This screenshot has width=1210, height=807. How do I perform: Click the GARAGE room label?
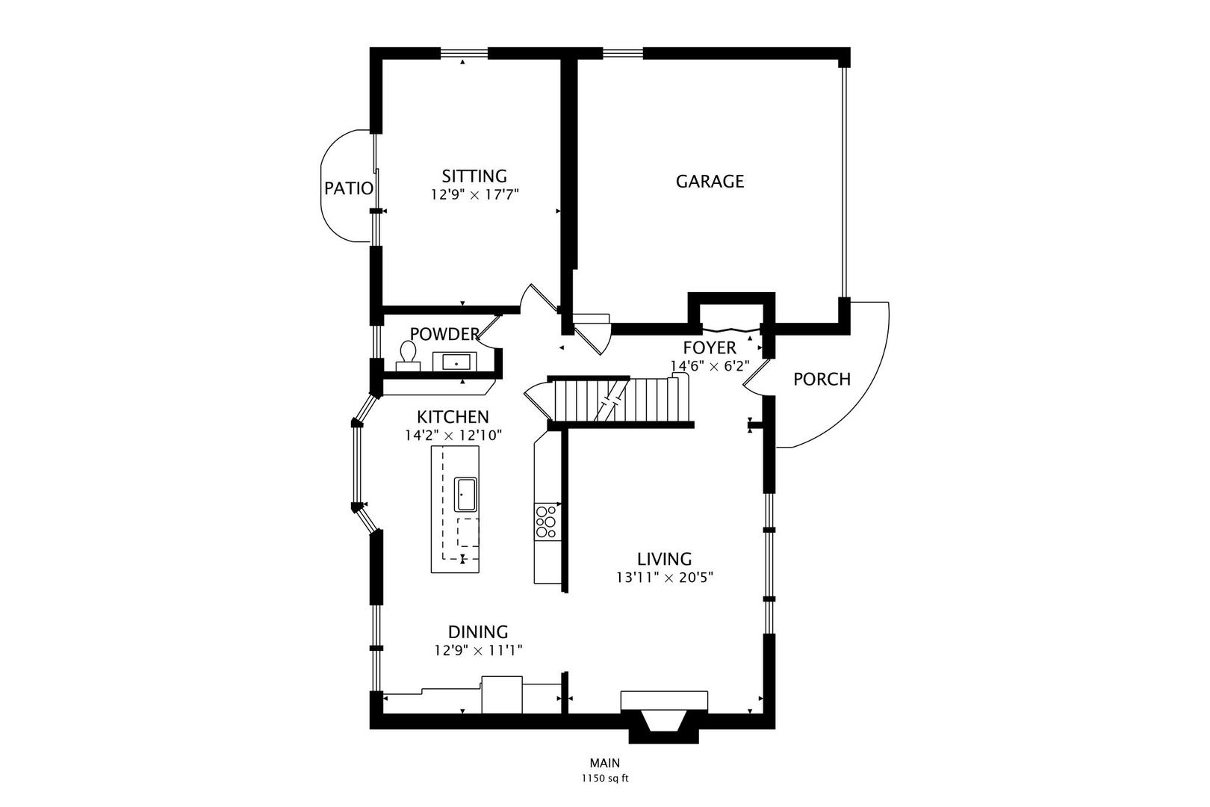click(710, 181)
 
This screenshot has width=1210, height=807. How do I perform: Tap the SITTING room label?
click(474, 176)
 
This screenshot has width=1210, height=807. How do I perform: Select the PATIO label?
click(348, 188)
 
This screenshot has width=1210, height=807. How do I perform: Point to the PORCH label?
click(822, 380)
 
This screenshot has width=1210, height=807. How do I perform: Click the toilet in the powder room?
click(408, 356)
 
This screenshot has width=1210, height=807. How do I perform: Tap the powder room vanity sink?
click(455, 362)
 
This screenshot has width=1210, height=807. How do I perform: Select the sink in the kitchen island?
click(465, 494)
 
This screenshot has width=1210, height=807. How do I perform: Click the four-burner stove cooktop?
click(545, 522)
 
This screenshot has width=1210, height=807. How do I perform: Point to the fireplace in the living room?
click(664, 716)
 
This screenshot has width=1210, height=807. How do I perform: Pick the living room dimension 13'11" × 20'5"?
click(665, 578)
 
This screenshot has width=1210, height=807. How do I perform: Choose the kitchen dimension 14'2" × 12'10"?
click(453, 435)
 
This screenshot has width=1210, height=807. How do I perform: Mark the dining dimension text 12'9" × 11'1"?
click(478, 650)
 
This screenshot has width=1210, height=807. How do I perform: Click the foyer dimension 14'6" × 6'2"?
click(710, 366)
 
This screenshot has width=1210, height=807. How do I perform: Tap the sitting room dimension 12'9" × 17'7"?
click(474, 194)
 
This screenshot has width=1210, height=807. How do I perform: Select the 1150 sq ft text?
click(605, 779)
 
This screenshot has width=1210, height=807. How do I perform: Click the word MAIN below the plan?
click(605, 763)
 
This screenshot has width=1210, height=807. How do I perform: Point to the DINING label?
click(478, 632)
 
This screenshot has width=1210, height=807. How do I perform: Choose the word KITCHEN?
click(453, 417)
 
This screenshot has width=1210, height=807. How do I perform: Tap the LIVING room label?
click(665, 559)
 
